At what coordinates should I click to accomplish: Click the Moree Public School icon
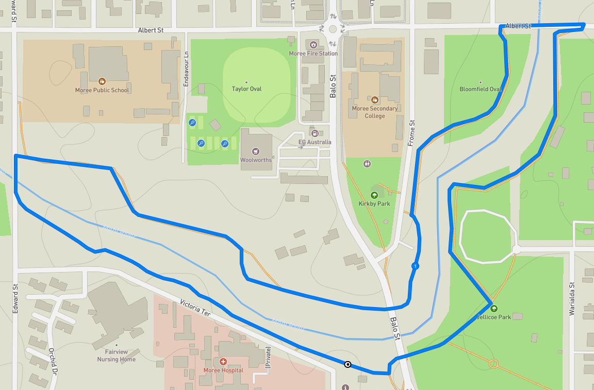(x=102, y=81)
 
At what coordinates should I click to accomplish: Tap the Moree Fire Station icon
(x=313, y=45)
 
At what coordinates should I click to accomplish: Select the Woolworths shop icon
(x=255, y=151)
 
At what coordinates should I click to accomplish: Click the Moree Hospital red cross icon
(x=223, y=362)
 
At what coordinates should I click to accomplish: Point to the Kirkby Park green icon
(x=374, y=195)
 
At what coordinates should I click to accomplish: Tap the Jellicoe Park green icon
(x=494, y=309)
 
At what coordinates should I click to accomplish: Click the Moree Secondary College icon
(x=375, y=99)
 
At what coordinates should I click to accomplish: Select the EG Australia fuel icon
(x=315, y=133)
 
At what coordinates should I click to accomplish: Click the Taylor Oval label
(x=246, y=89)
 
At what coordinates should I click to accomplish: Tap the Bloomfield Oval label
(x=480, y=89)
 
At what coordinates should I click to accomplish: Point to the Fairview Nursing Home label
(x=117, y=355)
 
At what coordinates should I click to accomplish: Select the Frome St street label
(x=411, y=134)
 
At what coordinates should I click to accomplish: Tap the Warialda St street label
(x=571, y=298)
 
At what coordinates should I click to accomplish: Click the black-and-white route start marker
(x=348, y=365)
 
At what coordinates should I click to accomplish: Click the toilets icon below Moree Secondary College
(x=367, y=163)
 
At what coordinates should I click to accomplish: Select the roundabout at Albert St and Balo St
(x=333, y=29)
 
